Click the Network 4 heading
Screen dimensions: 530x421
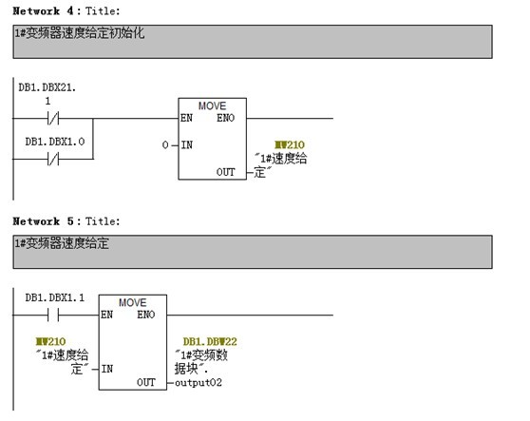click(66, 10)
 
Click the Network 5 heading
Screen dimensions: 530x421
click(66, 221)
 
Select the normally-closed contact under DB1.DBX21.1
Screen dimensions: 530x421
click(53, 119)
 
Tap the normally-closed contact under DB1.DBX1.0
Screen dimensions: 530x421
click(53, 159)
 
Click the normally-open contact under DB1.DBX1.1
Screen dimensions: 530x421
click(53, 315)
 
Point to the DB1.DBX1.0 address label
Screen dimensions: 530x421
click(55, 142)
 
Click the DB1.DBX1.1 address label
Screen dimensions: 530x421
click(55, 297)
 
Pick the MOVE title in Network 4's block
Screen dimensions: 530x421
click(212, 105)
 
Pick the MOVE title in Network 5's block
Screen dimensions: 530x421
click(133, 302)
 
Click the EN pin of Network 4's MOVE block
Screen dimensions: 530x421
click(186, 118)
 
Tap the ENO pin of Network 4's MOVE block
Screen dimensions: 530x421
click(225, 118)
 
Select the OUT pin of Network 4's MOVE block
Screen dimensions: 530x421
click(225, 172)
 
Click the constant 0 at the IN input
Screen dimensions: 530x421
click(165, 145)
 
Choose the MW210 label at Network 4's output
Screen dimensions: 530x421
click(290, 144)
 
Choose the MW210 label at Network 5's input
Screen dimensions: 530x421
click(50, 341)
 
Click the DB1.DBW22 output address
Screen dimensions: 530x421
click(210, 341)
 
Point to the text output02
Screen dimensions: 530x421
click(199, 382)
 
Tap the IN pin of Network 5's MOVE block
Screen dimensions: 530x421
click(107, 369)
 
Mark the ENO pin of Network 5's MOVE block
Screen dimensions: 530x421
click(145, 315)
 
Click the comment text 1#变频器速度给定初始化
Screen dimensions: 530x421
click(80, 33)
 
